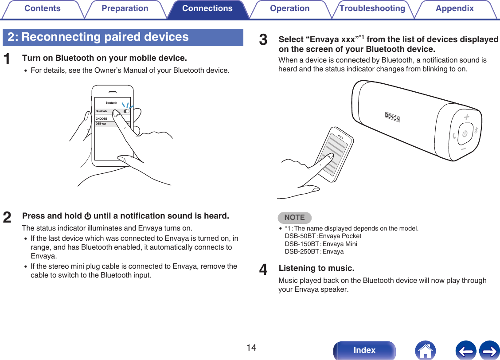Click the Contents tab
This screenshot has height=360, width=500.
pos(43,9)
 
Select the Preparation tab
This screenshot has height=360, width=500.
pos(125,9)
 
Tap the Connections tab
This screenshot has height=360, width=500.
pos(207,9)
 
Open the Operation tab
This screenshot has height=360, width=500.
pos(290,9)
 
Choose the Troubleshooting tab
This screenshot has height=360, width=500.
pos(372,9)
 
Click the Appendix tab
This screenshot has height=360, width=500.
pos(455,9)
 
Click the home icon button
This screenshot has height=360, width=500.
pos(425,350)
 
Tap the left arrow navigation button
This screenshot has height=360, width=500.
pos(465,350)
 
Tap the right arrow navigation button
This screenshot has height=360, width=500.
pos(489,350)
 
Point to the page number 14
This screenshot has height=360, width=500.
pos(251,348)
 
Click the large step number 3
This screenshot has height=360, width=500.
pos(263,40)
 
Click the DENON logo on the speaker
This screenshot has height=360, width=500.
pos(392,117)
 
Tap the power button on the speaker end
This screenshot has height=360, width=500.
pos(465,133)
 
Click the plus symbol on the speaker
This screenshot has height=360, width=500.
pos(466,117)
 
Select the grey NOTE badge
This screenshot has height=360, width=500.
pos(295,218)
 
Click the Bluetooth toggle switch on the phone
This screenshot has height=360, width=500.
pos(127,111)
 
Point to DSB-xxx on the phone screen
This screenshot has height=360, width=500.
pos(101,124)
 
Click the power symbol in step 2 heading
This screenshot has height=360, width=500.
pos(88,216)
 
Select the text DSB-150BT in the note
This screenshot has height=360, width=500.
pos(302,244)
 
